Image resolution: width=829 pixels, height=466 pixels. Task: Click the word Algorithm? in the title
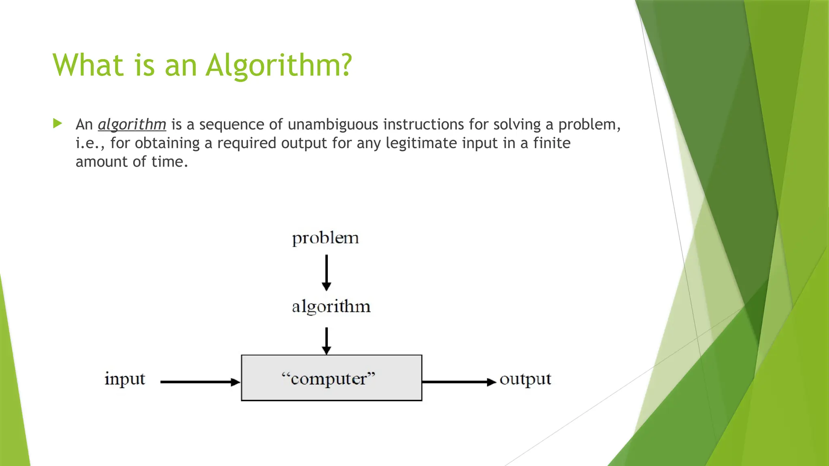[x=279, y=65]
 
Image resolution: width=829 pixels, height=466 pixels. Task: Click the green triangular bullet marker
[x=57, y=123]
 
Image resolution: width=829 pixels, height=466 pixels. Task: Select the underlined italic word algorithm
[x=132, y=125]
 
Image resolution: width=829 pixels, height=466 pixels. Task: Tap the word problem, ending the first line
[x=589, y=125]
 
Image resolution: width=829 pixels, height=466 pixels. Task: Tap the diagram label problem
[x=325, y=238]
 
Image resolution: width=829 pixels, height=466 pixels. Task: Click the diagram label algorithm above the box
[x=331, y=307]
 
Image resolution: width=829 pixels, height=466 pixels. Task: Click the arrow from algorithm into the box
[x=326, y=341]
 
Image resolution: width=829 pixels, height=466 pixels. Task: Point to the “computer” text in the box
[x=328, y=379]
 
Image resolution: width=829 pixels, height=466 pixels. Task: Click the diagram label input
[x=125, y=379]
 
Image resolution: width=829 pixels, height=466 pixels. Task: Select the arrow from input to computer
[x=200, y=382]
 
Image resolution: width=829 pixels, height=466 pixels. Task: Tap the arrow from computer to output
[x=459, y=382]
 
